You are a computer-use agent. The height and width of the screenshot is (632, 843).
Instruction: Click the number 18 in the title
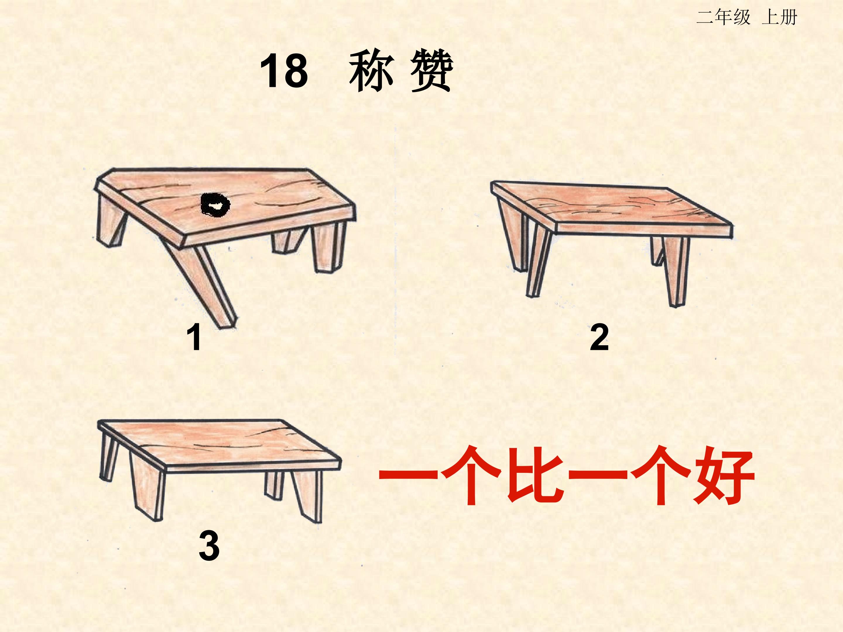coord(284,71)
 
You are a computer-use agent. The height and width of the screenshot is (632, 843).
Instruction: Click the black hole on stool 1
coord(215,205)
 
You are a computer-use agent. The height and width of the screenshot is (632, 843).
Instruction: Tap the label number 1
coord(194,337)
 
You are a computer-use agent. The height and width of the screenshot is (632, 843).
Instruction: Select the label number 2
coord(599,337)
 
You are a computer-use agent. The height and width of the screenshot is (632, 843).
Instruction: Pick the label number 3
coord(209,545)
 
